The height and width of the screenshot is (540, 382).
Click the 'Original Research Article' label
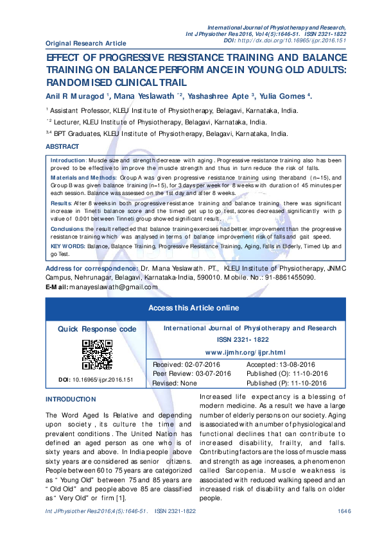[x=85, y=43]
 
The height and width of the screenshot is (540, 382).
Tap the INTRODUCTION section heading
[x=71, y=399]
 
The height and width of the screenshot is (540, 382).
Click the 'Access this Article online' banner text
[x=193, y=308]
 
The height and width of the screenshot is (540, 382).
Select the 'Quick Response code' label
[x=97, y=329]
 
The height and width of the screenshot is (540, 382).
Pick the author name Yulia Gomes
[x=282, y=96]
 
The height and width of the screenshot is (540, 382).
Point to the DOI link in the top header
[x=302, y=40]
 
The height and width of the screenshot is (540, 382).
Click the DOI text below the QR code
[x=95, y=380]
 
